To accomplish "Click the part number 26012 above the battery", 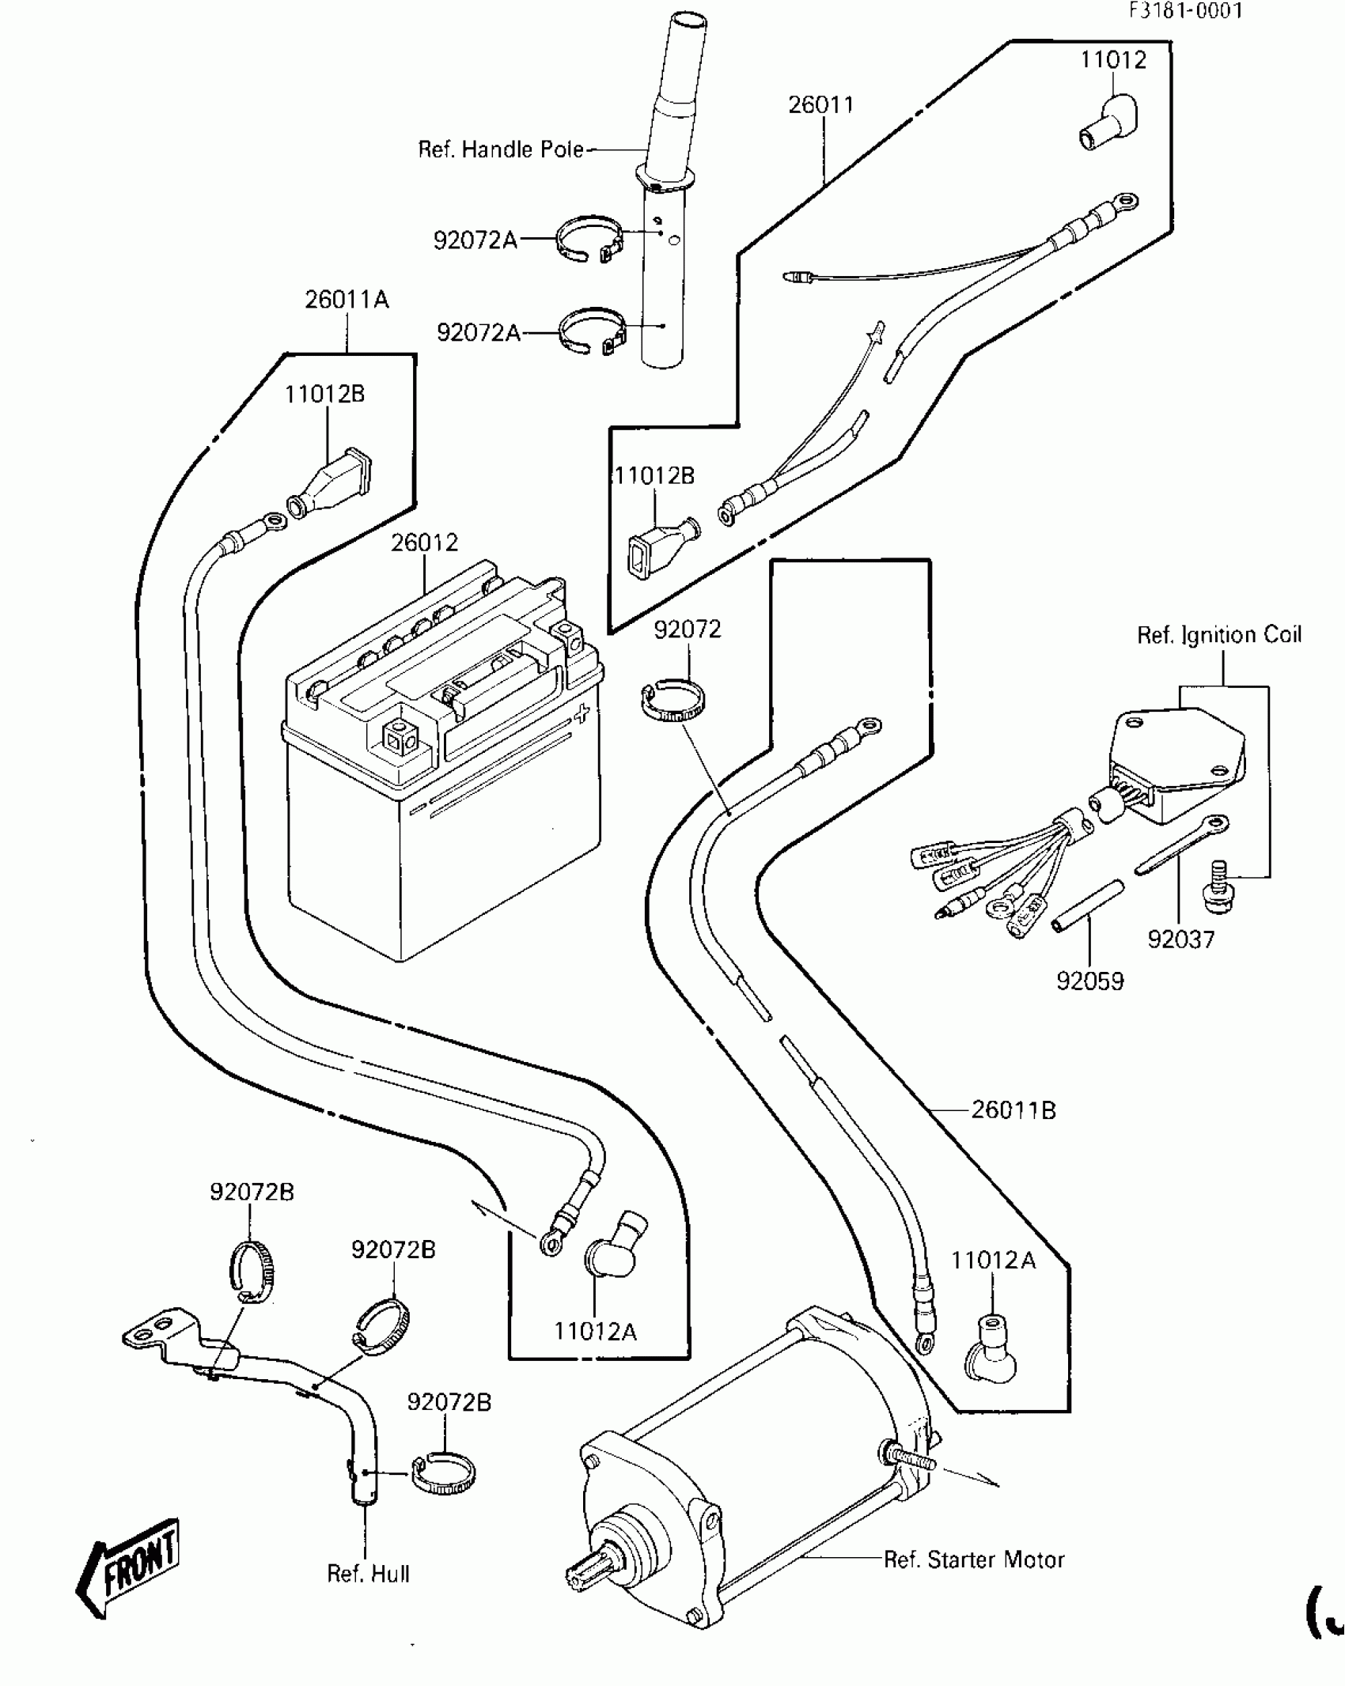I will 424,542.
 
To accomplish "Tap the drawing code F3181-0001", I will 1185,11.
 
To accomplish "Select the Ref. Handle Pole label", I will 501,149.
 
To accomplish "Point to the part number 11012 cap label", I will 1113,60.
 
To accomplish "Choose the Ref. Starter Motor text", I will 974,1559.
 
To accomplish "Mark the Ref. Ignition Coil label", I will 1218,635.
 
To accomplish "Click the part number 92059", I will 1089,981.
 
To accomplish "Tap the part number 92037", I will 1180,939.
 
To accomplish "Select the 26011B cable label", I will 1013,1110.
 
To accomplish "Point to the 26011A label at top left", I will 347,300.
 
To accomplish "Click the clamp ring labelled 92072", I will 672,701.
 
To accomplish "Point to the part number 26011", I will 820,104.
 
